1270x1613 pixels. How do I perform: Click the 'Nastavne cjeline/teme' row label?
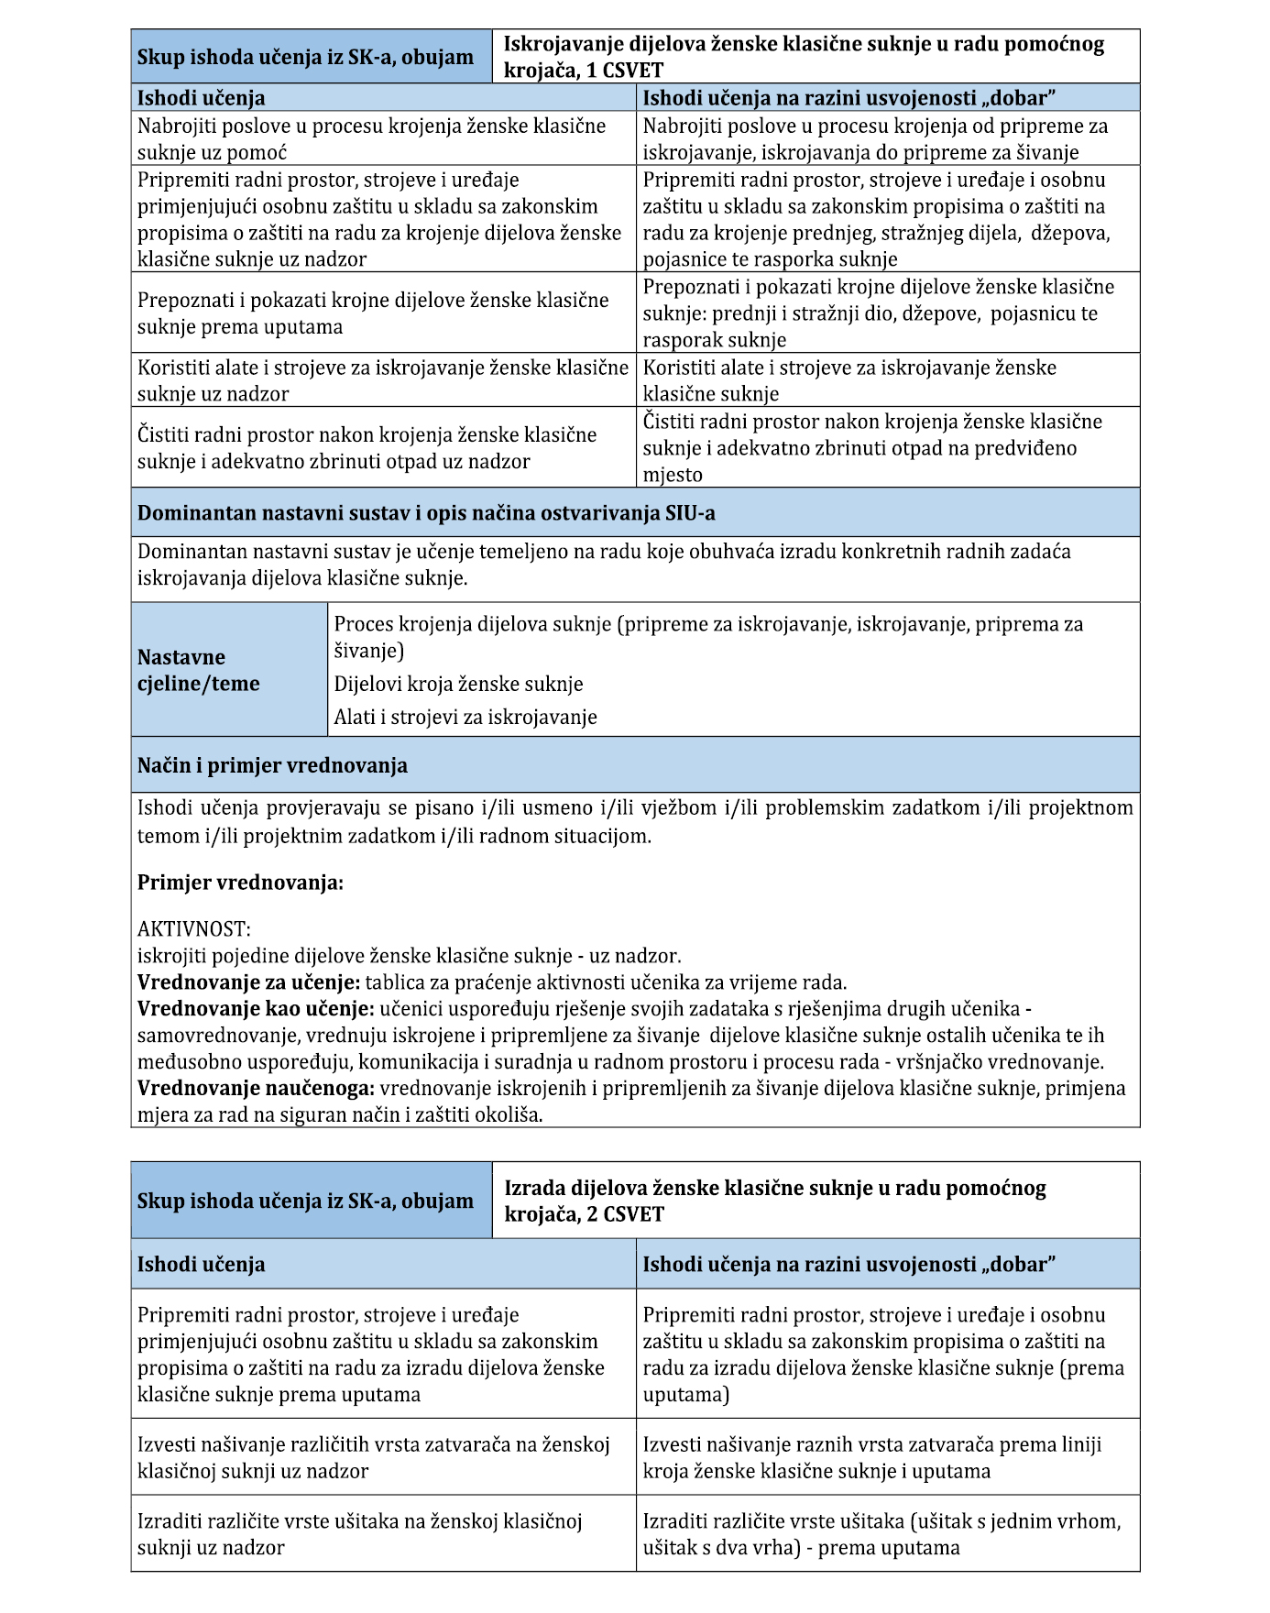199,670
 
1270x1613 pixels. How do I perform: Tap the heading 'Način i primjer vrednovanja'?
272,765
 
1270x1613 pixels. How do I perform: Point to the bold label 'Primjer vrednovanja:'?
240,883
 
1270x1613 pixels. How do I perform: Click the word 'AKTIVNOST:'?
193,929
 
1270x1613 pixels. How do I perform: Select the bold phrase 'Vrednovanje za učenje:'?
248,982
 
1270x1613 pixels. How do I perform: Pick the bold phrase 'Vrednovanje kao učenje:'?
256,1009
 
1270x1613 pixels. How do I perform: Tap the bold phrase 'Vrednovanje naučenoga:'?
256,1089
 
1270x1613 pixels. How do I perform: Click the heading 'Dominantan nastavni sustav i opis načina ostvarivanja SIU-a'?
426,513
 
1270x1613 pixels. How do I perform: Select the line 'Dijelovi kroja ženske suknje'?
458,684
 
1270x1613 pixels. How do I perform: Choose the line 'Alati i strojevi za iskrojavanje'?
465,717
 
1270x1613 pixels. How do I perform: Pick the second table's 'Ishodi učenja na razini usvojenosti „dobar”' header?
848,1265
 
